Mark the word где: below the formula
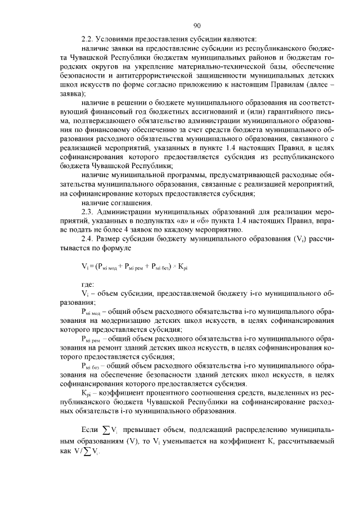(88, 284)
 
